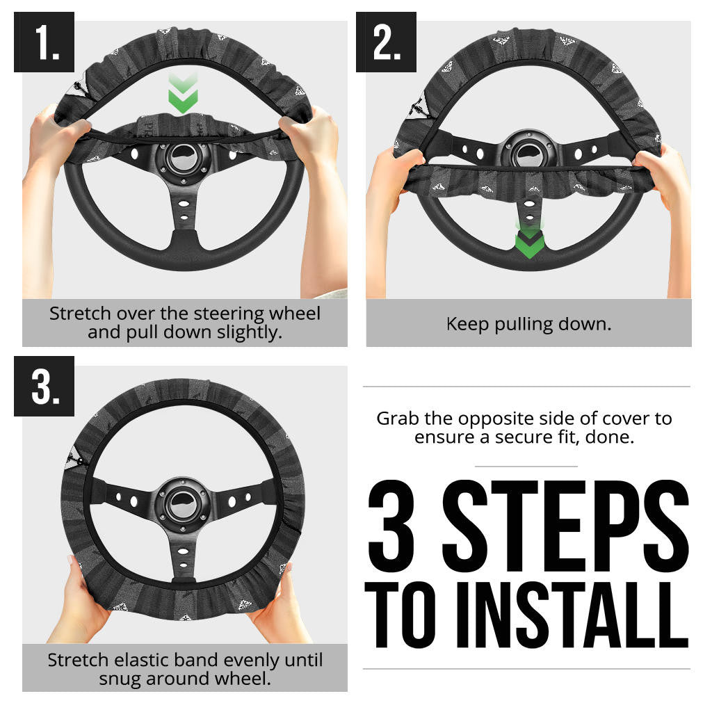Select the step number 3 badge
[x=44, y=386]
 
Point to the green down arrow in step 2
[x=530, y=241]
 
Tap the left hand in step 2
[x=393, y=174]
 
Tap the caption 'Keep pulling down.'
[x=528, y=324]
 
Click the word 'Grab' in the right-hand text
[x=398, y=419]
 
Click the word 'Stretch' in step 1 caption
[x=76, y=314]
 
